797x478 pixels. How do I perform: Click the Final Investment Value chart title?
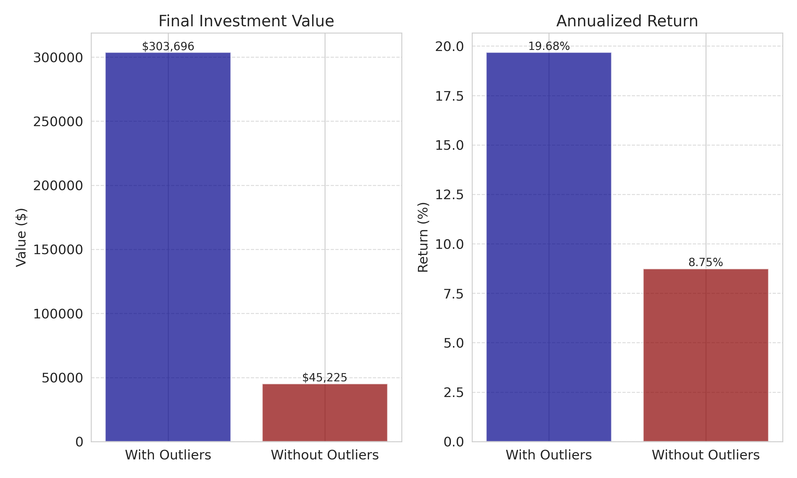(x=246, y=21)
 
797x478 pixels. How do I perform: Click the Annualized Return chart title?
(x=627, y=21)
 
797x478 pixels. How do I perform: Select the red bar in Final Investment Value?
(x=325, y=412)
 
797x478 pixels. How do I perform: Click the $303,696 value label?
(x=168, y=47)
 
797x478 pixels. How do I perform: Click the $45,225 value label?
(x=325, y=378)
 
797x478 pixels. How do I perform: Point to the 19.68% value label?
(x=549, y=47)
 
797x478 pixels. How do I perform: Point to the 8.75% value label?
(x=706, y=263)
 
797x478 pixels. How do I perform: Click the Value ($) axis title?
(x=21, y=237)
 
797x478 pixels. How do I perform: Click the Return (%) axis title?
(x=423, y=237)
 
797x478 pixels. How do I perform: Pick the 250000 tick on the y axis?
(x=58, y=122)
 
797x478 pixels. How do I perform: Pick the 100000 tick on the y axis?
(x=58, y=314)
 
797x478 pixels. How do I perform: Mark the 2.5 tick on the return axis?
(x=453, y=393)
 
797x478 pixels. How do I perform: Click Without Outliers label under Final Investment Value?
(x=325, y=455)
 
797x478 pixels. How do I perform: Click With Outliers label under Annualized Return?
(x=549, y=455)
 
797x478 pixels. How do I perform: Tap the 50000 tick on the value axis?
(x=62, y=378)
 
